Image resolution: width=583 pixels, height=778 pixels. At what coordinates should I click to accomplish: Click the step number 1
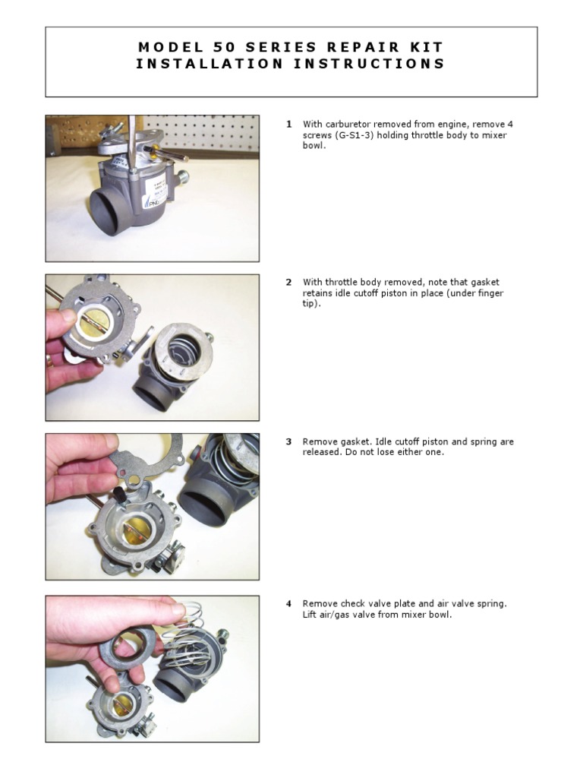point(288,124)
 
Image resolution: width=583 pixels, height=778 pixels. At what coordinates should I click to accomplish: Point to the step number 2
point(288,282)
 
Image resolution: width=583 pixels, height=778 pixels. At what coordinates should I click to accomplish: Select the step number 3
point(288,441)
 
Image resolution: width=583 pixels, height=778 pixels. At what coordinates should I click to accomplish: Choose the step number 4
point(288,604)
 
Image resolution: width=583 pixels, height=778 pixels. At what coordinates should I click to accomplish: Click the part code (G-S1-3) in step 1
point(358,135)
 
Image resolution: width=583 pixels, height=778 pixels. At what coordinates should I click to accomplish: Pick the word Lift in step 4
point(311,615)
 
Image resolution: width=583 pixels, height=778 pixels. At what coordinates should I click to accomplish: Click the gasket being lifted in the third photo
point(144,460)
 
